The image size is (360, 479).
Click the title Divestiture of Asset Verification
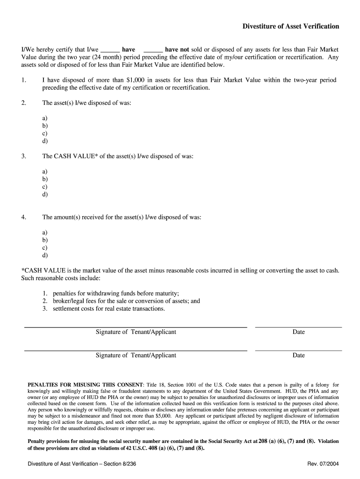point(290,27)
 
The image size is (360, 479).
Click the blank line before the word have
point(110,50)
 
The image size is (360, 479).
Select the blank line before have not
point(153,50)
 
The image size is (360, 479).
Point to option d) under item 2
point(45,141)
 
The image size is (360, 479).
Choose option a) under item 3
point(45,172)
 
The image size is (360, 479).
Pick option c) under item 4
point(45,247)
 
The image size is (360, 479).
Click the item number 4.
point(24,217)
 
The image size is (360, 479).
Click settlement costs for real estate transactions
point(108,309)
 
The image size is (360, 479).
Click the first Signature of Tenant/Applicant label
point(136,332)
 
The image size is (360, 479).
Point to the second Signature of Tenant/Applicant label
point(136,356)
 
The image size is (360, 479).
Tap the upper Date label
point(298,332)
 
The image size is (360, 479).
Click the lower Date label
point(298,356)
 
